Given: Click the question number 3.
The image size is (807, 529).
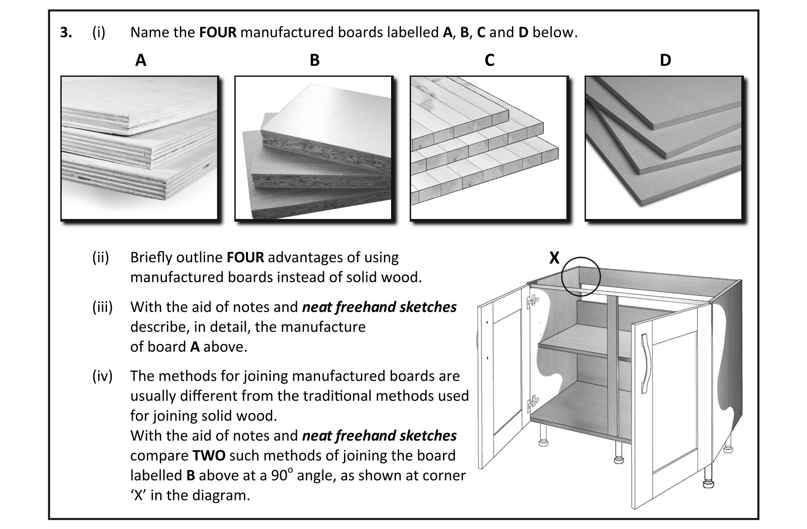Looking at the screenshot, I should tap(66, 33).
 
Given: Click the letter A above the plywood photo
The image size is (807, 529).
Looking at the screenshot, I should tap(141, 60).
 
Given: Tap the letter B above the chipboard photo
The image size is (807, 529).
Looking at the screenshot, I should tap(315, 60).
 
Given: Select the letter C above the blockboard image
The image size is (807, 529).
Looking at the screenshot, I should tap(490, 60).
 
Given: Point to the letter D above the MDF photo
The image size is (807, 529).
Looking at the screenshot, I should tap(665, 60).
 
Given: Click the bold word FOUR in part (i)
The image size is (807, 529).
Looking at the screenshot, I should tap(218, 33).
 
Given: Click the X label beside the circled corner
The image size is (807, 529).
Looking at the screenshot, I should tap(554, 258).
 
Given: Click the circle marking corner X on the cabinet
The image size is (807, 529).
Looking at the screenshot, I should tap(581, 277).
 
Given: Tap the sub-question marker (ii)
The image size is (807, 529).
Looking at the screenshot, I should tap(101, 258).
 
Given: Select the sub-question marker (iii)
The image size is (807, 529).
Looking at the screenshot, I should tap(102, 307).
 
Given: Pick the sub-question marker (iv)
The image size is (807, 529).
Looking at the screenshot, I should tap(102, 376).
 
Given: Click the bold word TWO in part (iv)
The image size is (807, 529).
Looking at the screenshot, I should tap(209, 456).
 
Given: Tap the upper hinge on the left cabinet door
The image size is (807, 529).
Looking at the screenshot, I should tap(531, 302).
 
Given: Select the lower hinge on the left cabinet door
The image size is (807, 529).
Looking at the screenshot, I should tap(531, 403).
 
